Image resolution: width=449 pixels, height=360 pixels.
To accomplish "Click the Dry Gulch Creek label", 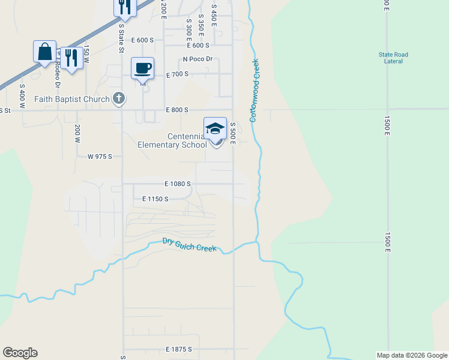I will pos(189,245).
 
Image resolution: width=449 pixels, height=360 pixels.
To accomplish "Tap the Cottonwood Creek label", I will pos(254,90).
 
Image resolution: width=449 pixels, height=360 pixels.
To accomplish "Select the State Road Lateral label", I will pos(393,58).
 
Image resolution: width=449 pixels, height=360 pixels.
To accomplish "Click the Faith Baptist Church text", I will pos(72,100).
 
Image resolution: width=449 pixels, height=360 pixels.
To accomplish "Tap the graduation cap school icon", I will pos(215,129).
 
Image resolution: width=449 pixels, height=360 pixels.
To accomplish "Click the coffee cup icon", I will pos(142,68).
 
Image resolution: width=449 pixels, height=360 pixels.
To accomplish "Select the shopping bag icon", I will pos(45,52).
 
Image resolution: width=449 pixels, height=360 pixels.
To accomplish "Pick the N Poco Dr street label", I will pos(198,59).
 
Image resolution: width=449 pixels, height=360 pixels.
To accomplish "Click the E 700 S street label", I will pos(177,74).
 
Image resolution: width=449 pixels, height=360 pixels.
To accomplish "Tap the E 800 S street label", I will pos(177,110).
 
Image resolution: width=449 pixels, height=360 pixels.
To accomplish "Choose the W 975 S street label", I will pos(100,157).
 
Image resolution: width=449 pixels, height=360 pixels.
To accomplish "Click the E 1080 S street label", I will pos(177,184).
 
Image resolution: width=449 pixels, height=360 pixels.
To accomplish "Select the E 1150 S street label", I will pos(155,199).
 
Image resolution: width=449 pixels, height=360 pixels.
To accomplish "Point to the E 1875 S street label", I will pos(178,349).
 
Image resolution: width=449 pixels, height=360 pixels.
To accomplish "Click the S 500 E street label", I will pos(232,133).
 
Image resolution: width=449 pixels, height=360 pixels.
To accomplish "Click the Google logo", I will pos(20,353).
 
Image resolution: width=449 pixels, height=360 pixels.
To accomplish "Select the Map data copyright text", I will pos(411,355).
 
